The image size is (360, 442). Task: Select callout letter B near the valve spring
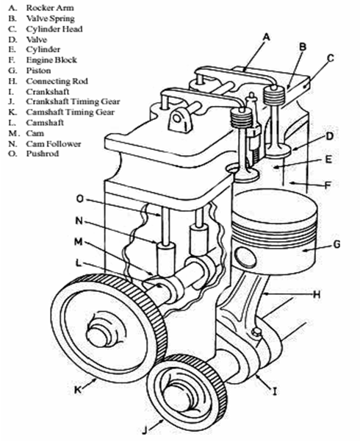tap(302, 46)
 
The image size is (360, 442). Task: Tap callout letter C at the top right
tap(331, 57)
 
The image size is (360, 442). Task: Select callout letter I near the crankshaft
tap(274, 392)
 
